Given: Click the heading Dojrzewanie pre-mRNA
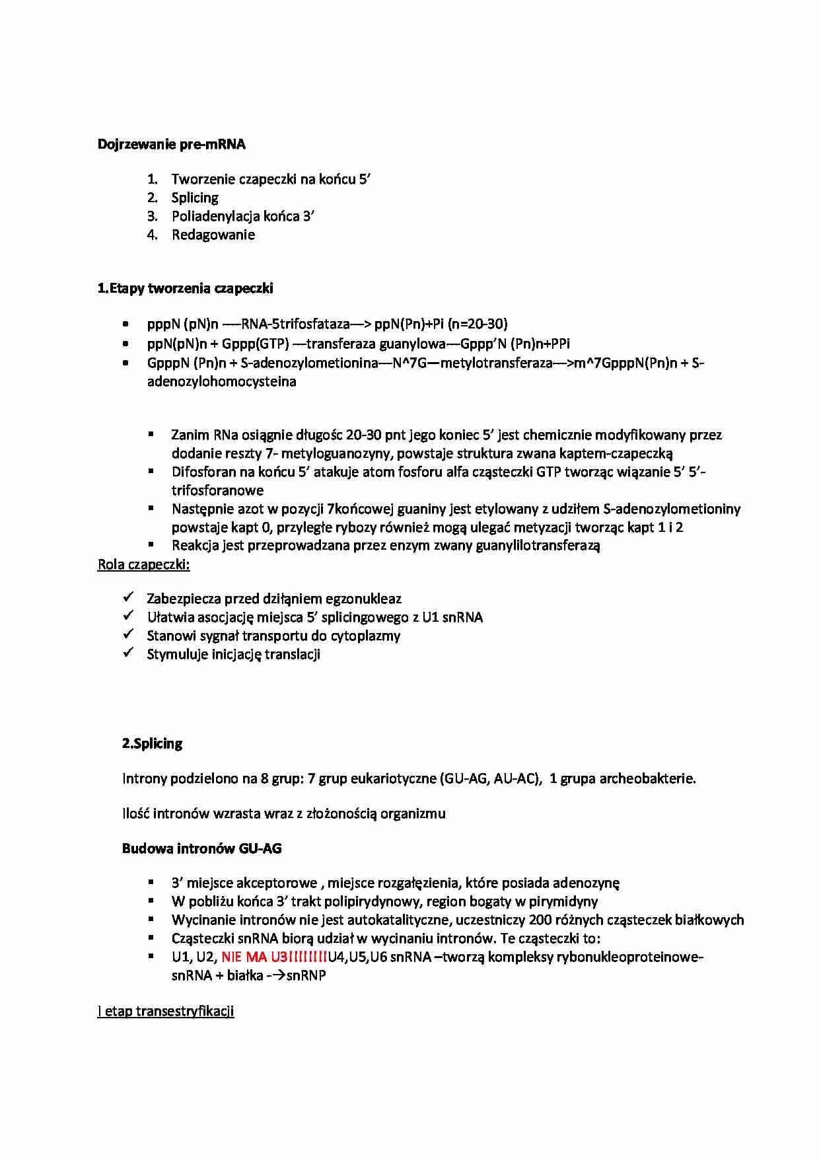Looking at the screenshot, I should (171, 145).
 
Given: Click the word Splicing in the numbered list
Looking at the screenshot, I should (195, 198).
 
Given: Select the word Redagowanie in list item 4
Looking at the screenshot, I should (213, 235).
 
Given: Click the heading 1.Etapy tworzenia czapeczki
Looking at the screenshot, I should (185, 288).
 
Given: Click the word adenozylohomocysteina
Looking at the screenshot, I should (221, 381).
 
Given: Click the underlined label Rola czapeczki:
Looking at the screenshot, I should (143, 564).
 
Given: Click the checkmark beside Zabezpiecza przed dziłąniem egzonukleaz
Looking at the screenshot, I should (129, 597).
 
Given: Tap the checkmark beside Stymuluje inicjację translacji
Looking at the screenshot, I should (129, 653).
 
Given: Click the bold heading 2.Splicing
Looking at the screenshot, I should (152, 743).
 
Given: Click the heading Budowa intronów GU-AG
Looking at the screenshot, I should (201, 848).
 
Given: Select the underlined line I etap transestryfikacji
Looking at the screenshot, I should (166, 1011).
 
